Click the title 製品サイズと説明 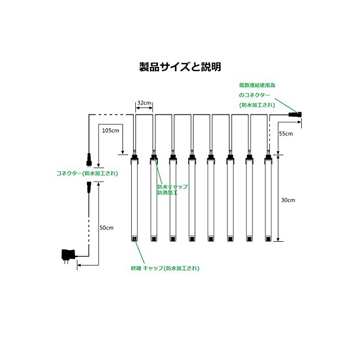180,67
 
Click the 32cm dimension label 144,103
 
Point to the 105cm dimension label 111,131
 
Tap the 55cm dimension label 286,134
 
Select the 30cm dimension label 288,200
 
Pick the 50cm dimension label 106,228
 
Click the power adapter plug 68,256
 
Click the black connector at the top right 295,115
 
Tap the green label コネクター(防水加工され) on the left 87,173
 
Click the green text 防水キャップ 173,187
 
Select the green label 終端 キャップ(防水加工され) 165,268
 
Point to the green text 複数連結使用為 257,85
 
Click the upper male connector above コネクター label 89,159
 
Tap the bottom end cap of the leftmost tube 134,239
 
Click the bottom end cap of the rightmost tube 268,239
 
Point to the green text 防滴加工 167,193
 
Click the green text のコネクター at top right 255,95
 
